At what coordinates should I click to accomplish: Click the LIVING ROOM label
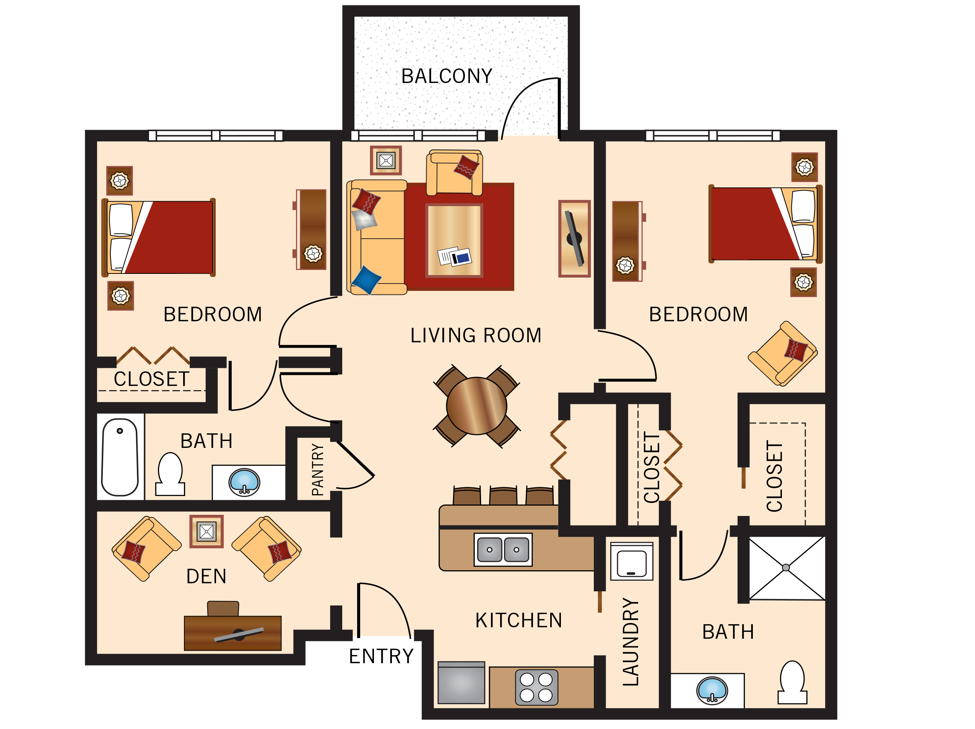tap(476, 335)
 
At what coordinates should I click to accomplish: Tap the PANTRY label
tap(317, 470)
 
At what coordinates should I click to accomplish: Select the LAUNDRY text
tap(631, 642)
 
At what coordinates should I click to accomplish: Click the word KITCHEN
tap(519, 620)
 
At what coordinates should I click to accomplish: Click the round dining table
tap(476, 406)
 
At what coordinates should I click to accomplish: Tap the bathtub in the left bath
tap(120, 457)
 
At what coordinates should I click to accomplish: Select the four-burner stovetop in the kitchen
tap(536, 687)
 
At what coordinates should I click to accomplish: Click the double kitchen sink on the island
tap(503, 550)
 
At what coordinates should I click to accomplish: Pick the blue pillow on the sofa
tap(366, 280)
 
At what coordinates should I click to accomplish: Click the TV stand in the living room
tap(574, 239)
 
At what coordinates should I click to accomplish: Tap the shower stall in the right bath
tap(786, 568)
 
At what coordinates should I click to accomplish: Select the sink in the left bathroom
tap(244, 482)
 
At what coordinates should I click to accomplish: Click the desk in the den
tap(233, 633)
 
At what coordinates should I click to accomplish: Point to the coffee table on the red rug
tap(454, 240)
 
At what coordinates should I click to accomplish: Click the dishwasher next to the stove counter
tap(461, 683)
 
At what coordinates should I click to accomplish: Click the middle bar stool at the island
tap(503, 496)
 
